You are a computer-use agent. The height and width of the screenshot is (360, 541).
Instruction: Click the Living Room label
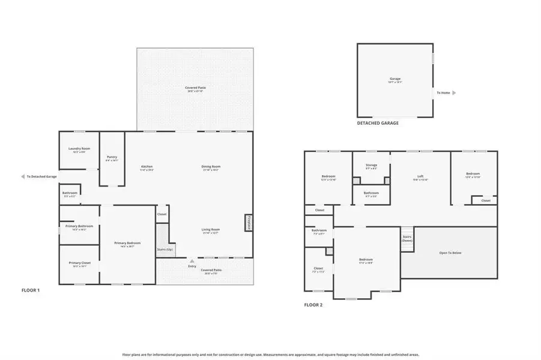coord(210,229)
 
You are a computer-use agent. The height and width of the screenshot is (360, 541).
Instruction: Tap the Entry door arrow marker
coord(192,261)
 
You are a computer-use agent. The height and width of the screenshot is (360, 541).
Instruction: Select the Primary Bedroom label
coord(127,243)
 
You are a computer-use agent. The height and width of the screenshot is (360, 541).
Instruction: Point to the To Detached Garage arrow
coord(23,177)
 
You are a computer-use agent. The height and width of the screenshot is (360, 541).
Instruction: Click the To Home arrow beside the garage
coord(454,93)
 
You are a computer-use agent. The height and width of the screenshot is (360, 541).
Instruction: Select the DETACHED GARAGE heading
coord(378,123)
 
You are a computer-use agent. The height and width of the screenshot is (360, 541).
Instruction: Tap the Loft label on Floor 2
coord(420,177)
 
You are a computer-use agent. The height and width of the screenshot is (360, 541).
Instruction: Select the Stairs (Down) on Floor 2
coord(407,238)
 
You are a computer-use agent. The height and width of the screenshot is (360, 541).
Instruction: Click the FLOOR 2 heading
coord(313,305)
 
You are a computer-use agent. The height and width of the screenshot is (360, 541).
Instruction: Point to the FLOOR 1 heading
coord(30,290)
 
